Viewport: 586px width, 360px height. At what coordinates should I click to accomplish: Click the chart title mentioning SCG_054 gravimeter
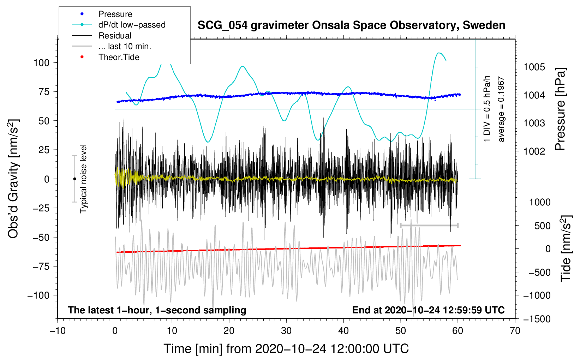point(351,25)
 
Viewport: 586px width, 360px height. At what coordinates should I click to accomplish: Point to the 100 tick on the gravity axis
point(41,63)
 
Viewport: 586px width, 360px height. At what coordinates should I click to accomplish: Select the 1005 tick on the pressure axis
point(534,67)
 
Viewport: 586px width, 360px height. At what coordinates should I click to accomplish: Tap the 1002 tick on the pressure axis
point(534,151)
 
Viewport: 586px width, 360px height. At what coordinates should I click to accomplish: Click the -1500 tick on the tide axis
point(537,319)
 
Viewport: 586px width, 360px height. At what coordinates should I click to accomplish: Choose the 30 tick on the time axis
point(286,331)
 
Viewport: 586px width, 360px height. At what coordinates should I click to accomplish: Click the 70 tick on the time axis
point(515,331)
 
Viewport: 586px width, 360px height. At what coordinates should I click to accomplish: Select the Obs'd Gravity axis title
point(13,179)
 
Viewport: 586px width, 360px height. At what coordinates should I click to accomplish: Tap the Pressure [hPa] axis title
point(560,109)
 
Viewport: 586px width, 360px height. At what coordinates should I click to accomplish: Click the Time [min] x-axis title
point(286,349)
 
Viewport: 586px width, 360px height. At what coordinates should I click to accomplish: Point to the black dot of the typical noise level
point(74,179)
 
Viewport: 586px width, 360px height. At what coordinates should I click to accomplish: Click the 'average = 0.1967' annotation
point(501,109)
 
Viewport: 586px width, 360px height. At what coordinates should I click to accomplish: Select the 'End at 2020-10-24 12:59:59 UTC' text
point(428,310)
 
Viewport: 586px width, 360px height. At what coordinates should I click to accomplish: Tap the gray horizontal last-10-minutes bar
point(429,225)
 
